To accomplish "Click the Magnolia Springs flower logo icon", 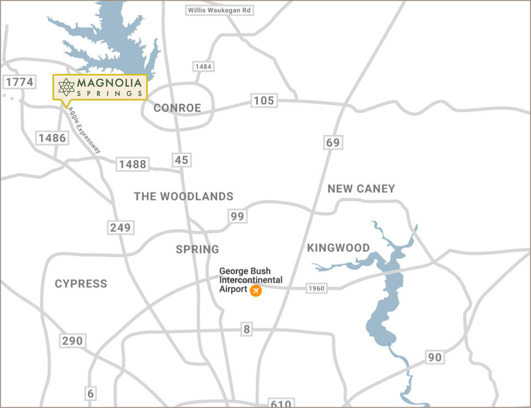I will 66,87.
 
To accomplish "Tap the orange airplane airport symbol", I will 256,290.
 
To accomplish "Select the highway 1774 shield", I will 19,82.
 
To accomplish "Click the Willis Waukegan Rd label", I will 219,11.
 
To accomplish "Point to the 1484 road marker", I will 203,66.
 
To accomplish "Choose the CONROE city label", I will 177,108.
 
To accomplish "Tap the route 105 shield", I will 264,100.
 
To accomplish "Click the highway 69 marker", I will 332,143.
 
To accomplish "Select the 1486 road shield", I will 53,138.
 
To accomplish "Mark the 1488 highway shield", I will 132,164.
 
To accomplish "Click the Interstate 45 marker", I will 181,160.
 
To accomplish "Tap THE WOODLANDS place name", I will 184,196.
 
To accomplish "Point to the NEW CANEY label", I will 361,189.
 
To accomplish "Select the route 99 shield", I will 237,216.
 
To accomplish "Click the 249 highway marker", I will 121,227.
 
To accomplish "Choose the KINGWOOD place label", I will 339,248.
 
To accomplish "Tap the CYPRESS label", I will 81,284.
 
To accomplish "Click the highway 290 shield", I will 72,341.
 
